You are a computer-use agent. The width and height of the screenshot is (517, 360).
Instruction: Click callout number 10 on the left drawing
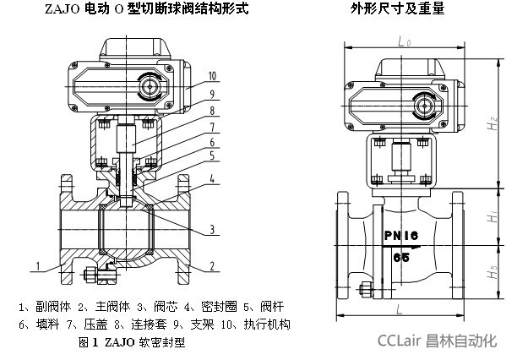[x=213, y=75]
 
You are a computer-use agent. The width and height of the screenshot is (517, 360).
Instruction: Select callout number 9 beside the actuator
[x=213, y=93]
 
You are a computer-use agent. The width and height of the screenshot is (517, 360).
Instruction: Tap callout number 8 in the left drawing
[x=213, y=110]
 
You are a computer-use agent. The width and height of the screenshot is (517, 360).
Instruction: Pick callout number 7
[x=213, y=128]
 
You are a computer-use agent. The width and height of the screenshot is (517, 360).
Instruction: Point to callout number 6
[x=213, y=143]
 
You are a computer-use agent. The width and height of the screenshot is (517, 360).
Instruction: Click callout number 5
[x=213, y=156]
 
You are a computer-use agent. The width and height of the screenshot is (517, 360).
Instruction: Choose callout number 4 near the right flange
[x=213, y=178]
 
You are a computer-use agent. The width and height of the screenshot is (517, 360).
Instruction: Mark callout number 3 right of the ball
[x=213, y=229]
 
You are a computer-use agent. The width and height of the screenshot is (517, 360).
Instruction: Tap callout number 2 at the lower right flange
[x=212, y=266]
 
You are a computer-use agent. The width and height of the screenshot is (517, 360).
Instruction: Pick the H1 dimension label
[x=493, y=219]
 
